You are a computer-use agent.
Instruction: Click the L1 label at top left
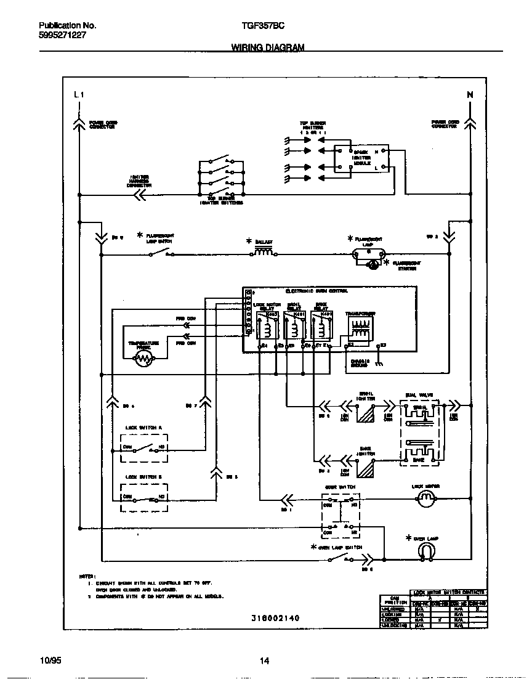(x=78, y=94)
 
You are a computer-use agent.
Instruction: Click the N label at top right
(x=470, y=94)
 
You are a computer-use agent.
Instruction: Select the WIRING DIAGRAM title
(x=267, y=47)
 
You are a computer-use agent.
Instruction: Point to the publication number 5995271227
(x=62, y=36)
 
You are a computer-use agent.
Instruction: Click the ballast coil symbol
(x=263, y=252)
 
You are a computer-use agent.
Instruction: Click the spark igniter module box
(x=361, y=159)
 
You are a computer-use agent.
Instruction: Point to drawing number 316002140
(x=275, y=617)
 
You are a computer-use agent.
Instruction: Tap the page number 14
(x=265, y=661)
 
